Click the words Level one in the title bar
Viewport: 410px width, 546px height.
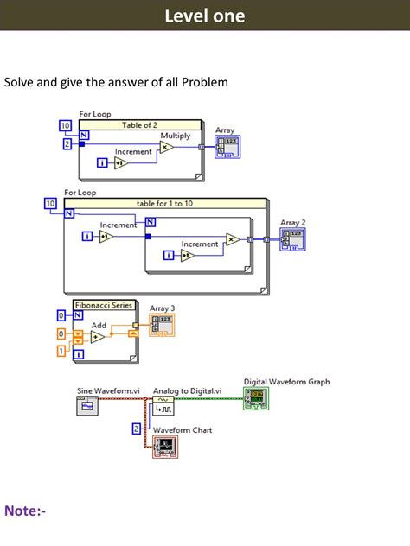204,16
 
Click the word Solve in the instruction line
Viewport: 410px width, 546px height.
21,82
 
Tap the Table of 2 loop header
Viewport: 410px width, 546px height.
140,125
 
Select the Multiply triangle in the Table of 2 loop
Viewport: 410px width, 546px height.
166,147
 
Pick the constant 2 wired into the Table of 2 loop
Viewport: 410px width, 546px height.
67,143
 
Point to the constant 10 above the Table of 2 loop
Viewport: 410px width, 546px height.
66,126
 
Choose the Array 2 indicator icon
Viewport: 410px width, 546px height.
291,239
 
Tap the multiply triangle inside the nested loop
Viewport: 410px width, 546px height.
232,240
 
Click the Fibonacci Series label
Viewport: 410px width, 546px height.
104,305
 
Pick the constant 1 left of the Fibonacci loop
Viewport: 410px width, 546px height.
61,351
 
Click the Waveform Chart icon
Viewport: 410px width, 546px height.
164,446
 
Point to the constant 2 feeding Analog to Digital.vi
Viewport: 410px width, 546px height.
136,428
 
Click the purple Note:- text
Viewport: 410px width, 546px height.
25,511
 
